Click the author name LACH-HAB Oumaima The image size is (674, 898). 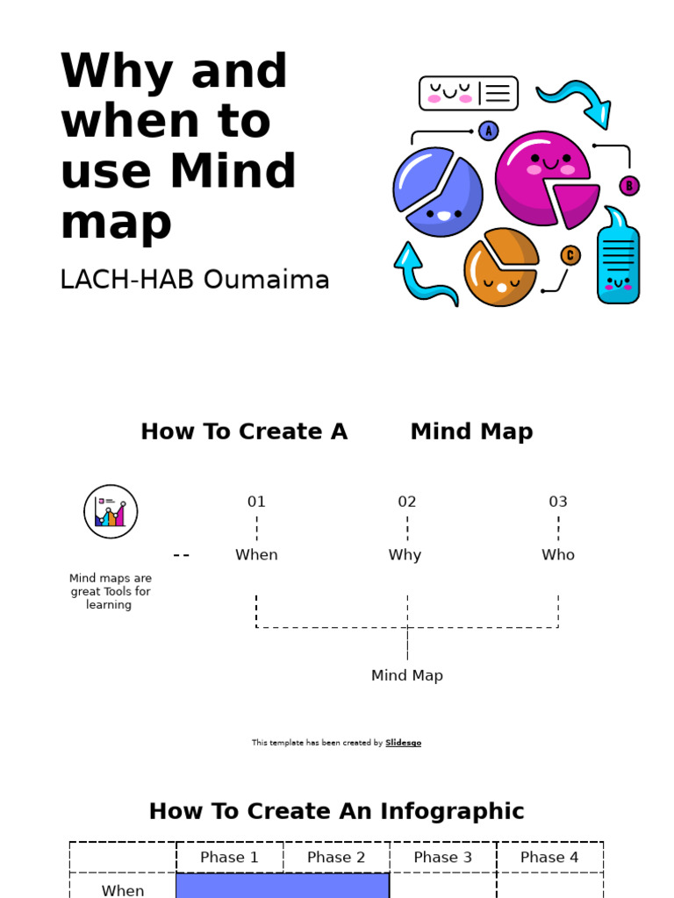click(x=194, y=280)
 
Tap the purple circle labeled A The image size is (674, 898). click(x=489, y=132)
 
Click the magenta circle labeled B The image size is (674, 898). click(x=629, y=186)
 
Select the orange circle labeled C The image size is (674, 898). click(x=570, y=255)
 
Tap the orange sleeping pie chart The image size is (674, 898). click(x=500, y=267)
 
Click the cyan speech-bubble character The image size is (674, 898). click(x=618, y=259)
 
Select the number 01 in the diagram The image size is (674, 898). click(x=256, y=502)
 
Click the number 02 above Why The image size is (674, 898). click(x=407, y=502)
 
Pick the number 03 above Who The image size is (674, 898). click(x=558, y=502)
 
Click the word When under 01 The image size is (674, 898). click(x=256, y=555)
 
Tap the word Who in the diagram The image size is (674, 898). click(x=558, y=555)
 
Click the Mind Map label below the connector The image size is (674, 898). click(x=407, y=675)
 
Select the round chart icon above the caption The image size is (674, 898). click(x=111, y=511)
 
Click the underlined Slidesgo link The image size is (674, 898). click(x=403, y=743)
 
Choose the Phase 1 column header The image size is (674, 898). click(x=230, y=858)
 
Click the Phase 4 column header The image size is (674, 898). click(x=549, y=858)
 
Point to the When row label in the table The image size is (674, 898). click(x=123, y=890)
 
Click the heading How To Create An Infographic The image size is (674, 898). click(x=337, y=811)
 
